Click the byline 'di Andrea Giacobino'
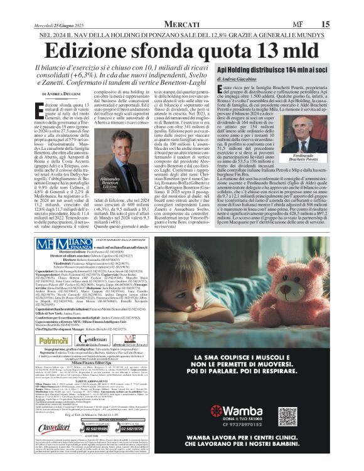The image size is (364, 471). pyautogui.click(x=240, y=80)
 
